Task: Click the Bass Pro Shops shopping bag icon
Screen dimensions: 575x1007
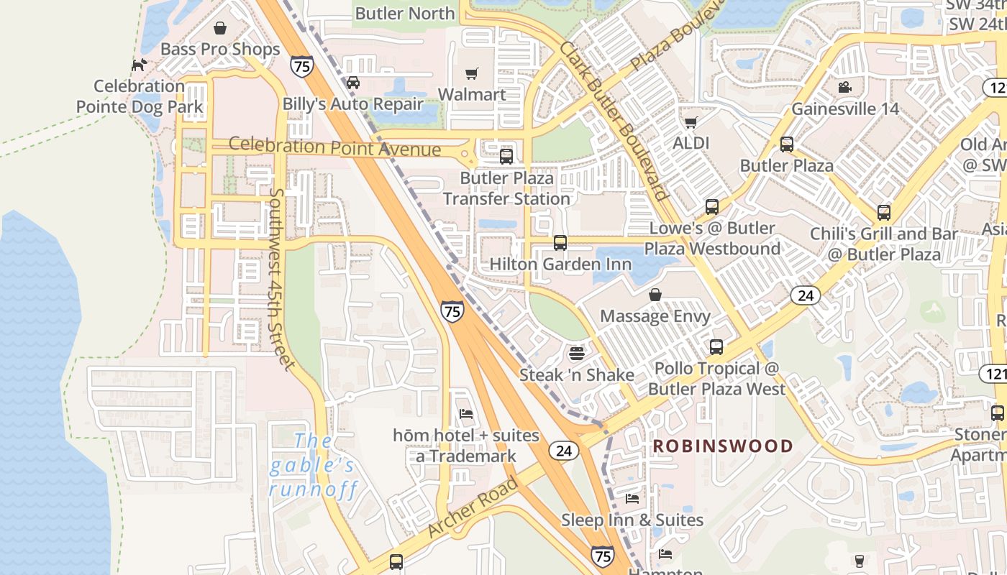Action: (220, 28)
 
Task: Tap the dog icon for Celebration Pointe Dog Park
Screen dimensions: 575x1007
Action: (139, 65)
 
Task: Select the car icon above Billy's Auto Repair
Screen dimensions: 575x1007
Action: (352, 82)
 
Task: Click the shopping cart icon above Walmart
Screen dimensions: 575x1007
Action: (472, 73)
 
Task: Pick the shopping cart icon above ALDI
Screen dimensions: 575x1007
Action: (691, 122)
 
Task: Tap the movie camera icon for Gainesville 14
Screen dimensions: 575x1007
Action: (844, 88)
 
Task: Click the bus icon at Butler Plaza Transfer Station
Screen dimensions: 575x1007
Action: (506, 156)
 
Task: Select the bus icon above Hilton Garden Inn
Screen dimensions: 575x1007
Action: (560, 243)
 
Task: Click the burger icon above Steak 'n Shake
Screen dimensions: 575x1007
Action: (576, 353)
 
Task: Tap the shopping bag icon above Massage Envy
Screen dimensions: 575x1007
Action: (655, 295)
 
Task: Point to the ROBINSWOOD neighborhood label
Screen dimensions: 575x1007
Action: (722, 446)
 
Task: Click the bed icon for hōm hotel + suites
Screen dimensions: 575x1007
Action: (466, 414)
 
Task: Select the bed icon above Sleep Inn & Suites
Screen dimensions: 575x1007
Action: (632, 498)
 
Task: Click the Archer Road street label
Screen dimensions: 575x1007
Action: (473, 507)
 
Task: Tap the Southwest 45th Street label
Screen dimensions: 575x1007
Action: (282, 279)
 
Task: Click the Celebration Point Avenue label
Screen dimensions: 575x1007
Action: (334, 147)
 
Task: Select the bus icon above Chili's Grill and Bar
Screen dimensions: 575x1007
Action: (884, 213)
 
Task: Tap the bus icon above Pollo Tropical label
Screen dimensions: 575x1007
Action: (716, 347)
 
